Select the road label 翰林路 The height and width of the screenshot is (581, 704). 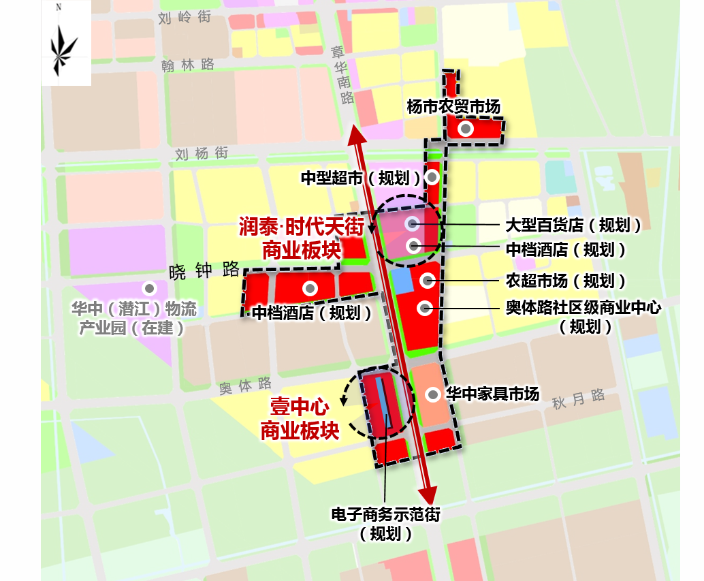click(x=188, y=65)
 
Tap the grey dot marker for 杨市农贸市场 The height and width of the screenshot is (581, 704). click(x=466, y=129)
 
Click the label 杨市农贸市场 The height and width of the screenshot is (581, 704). click(x=453, y=106)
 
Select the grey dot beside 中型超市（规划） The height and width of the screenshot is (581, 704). click(x=432, y=178)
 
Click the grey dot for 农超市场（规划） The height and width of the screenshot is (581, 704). click(x=427, y=279)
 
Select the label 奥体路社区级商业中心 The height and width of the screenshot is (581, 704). click(x=583, y=308)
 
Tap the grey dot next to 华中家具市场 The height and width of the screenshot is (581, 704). click(x=432, y=394)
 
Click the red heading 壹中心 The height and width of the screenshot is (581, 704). click(x=300, y=408)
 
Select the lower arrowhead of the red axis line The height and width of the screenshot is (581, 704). click(x=428, y=494)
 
